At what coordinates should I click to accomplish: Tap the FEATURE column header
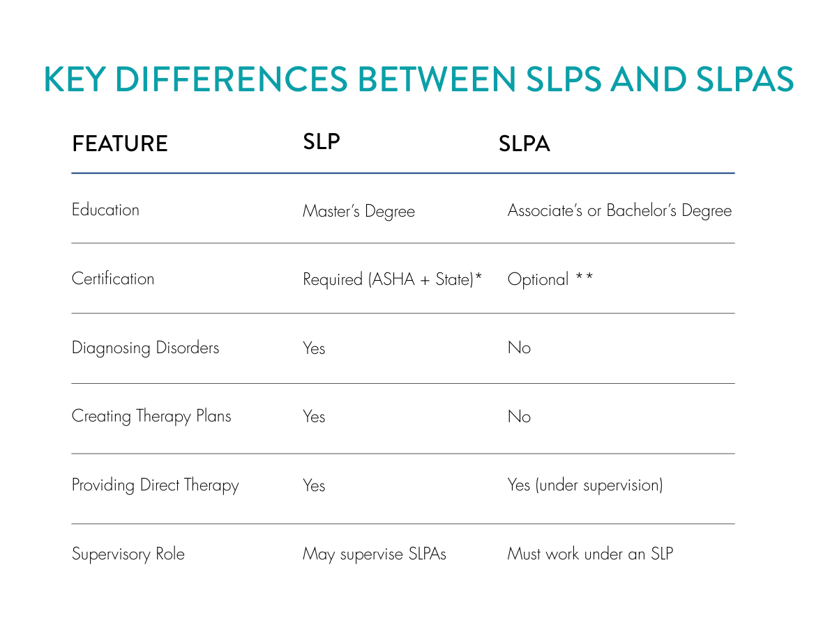[x=120, y=144]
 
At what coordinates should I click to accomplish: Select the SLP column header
[x=322, y=141]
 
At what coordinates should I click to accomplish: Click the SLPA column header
[x=525, y=144]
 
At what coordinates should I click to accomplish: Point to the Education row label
[x=105, y=210]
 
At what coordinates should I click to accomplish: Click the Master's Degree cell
[x=359, y=211]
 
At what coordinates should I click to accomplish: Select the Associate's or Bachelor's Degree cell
[x=619, y=211]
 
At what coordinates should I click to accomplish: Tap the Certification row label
[x=113, y=279]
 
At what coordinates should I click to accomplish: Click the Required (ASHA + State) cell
[x=392, y=279]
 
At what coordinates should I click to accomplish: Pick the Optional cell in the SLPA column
[x=550, y=279]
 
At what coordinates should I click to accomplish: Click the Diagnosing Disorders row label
[x=145, y=348]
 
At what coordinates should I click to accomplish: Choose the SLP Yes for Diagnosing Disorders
[x=314, y=348]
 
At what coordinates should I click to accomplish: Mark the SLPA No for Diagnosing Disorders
[x=519, y=348]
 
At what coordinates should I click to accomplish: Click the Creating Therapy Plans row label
[x=151, y=417]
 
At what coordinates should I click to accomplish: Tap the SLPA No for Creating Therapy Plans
[x=519, y=417]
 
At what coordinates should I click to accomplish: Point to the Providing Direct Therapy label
[x=155, y=486]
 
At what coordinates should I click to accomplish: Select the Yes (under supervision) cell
[x=585, y=486]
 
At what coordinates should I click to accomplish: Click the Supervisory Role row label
[x=128, y=555]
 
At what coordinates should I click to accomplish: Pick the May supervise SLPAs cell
[x=374, y=555]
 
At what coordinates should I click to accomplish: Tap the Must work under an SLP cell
[x=590, y=555]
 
